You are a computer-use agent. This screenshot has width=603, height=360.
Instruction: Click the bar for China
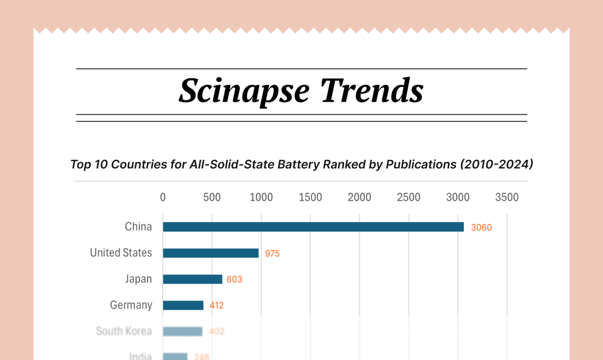(x=313, y=227)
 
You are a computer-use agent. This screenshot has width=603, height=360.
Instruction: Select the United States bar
(x=211, y=253)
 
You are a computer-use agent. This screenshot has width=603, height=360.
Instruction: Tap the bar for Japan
(x=192, y=279)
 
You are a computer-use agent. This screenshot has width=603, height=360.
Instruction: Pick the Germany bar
(x=183, y=305)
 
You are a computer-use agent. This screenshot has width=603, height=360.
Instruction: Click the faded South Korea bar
(x=182, y=331)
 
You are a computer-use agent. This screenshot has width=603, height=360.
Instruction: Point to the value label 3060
(x=481, y=227)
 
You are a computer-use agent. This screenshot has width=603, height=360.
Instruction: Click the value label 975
(x=272, y=253)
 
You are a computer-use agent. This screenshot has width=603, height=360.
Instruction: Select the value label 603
(x=234, y=279)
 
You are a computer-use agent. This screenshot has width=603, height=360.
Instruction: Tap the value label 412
(x=217, y=305)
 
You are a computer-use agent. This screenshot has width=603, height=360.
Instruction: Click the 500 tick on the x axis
(x=212, y=198)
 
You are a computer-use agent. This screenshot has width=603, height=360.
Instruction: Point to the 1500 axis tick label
(x=310, y=198)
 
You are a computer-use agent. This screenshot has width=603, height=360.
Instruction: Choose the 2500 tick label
(x=409, y=198)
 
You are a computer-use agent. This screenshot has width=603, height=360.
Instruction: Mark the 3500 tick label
(x=507, y=198)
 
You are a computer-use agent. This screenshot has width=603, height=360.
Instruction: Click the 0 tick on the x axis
(x=163, y=198)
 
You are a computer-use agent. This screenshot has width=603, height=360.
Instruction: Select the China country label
(x=138, y=227)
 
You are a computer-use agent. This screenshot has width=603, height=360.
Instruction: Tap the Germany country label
(x=131, y=305)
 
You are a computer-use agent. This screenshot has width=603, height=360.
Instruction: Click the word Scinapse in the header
(x=244, y=92)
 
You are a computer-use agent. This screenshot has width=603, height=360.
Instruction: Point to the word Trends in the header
(x=372, y=92)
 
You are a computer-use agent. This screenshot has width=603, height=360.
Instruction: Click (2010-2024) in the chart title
(x=490, y=164)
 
